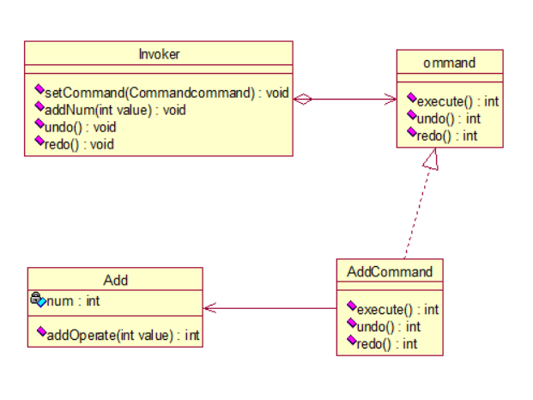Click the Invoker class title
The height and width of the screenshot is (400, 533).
click(159, 54)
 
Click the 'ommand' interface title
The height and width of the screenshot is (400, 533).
click(449, 63)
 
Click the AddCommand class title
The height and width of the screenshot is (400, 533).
click(390, 272)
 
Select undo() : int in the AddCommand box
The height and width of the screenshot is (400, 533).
click(388, 327)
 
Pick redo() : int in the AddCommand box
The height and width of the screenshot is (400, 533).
click(386, 344)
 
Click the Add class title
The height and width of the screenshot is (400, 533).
click(115, 280)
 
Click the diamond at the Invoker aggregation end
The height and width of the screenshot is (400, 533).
click(302, 100)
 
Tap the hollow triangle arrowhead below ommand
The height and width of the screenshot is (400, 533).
click(431, 158)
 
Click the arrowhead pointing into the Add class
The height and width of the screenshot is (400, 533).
click(209, 308)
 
